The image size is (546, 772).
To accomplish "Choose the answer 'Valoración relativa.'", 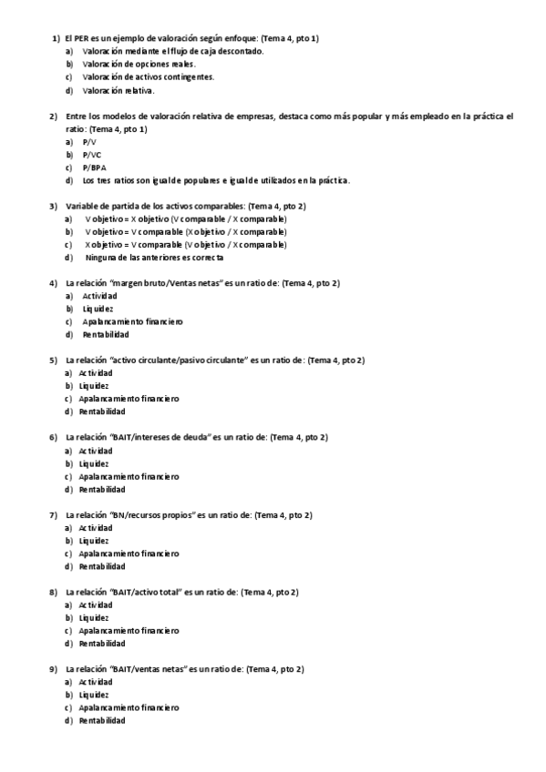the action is pos(118,91).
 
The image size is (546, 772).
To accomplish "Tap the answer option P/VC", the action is pos(92,155).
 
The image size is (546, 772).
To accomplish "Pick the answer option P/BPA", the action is pos(94,168).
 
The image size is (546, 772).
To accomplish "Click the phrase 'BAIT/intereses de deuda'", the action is pos(160,438).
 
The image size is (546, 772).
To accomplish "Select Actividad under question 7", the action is pos(96,528).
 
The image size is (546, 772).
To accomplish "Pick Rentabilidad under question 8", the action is pos(101,644).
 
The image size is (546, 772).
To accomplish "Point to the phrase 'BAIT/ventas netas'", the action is pos(149,669).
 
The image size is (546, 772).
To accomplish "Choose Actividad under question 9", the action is pos(96,682).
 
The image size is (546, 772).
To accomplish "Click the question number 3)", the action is pos(54,207).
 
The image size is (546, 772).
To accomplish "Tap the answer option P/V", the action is pos(89,142).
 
